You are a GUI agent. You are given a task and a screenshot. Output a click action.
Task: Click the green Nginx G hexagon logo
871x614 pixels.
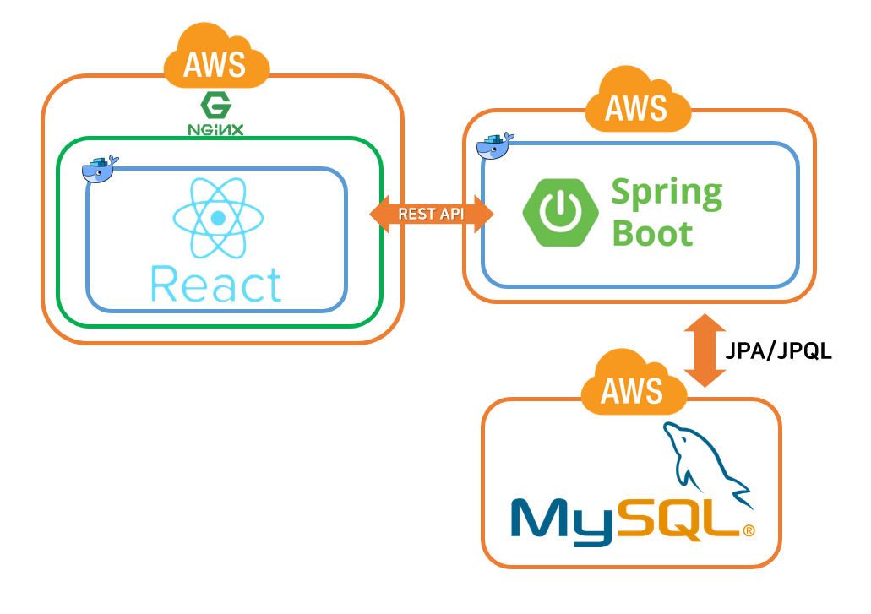pyautogui.click(x=215, y=106)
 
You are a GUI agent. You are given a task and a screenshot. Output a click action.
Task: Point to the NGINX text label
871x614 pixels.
pyautogui.click(x=215, y=130)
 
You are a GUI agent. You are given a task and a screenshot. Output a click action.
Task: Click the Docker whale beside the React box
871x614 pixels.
pyautogui.click(x=100, y=170)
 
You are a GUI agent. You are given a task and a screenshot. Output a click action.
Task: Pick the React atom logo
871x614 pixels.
pyautogui.click(x=218, y=218)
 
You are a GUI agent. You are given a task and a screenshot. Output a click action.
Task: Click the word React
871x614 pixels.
pyautogui.click(x=216, y=285)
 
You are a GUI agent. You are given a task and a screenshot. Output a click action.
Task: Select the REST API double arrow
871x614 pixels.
pyautogui.click(x=431, y=214)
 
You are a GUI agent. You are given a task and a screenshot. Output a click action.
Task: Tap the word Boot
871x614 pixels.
pyautogui.click(x=652, y=232)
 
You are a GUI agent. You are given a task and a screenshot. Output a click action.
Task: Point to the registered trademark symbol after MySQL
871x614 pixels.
pyautogui.click(x=748, y=531)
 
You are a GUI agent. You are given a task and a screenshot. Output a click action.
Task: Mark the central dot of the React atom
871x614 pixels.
pyautogui.click(x=218, y=218)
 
